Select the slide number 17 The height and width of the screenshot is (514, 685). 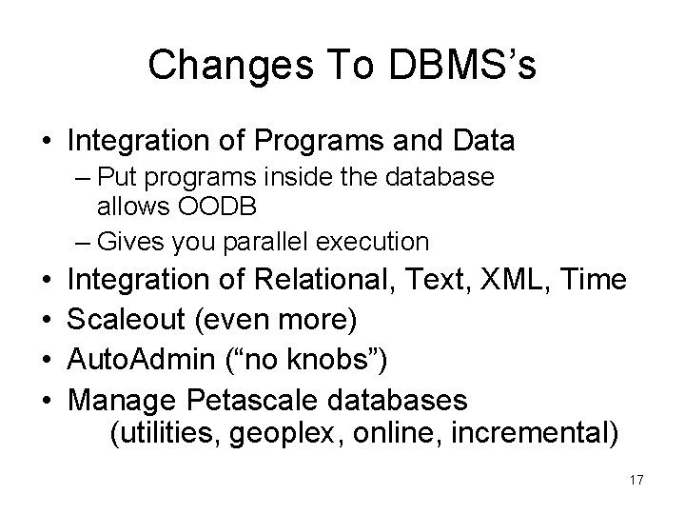[636, 481]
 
